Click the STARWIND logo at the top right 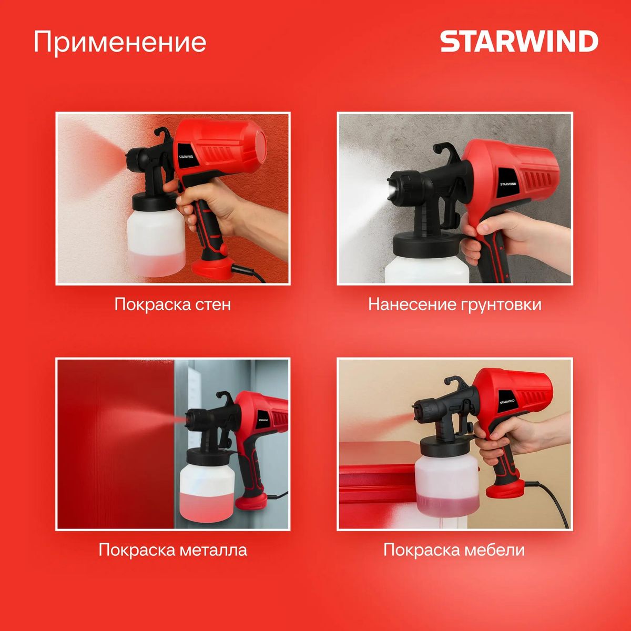519,42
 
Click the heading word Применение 120,42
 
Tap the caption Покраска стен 172,304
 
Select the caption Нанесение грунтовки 454,304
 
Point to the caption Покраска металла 172,550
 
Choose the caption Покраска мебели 454,550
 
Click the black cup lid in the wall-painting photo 155,200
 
